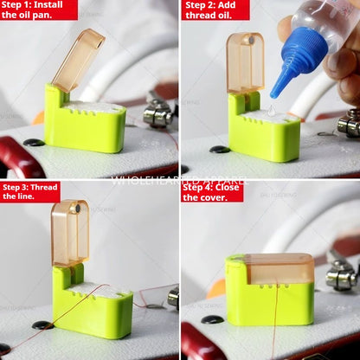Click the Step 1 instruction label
38,10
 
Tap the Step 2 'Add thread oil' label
215,10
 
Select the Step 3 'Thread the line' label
29,191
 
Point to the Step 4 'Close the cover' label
211,191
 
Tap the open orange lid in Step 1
77,60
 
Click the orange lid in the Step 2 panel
245,62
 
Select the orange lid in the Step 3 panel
69,232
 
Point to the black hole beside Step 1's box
34,142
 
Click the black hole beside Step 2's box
219,149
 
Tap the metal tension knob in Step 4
340,277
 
